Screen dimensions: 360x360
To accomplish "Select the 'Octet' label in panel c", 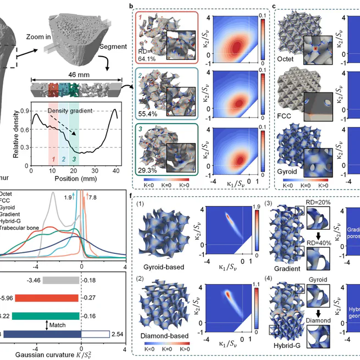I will pos(289,57).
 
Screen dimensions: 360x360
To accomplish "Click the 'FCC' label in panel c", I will pos(289,117).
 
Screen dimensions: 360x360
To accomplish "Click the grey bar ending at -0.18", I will pos(61,280).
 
